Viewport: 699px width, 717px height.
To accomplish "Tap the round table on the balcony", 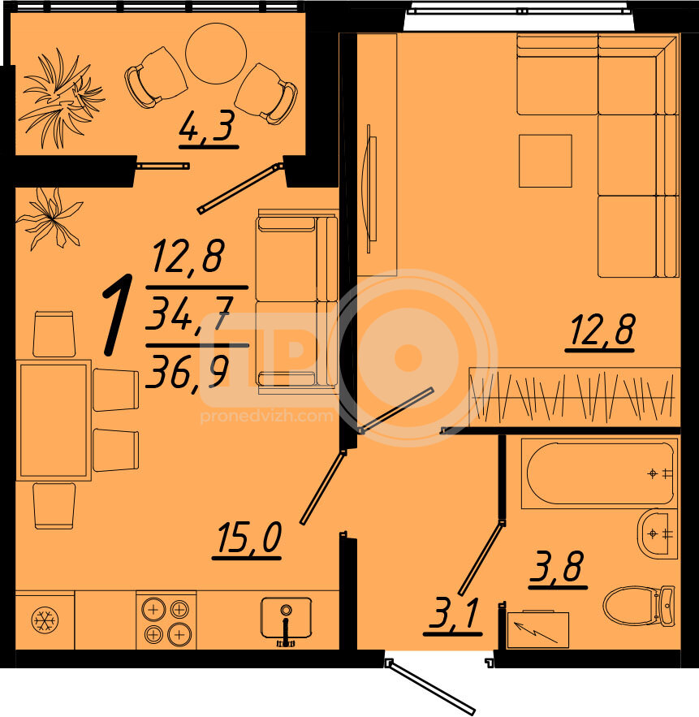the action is (x=216, y=54).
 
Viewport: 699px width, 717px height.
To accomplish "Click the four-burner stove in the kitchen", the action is (x=166, y=620).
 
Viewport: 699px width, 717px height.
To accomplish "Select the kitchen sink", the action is (x=286, y=618).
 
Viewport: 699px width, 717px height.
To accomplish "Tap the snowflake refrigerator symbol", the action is (x=45, y=620).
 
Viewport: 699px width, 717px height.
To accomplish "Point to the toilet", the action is (x=638, y=606).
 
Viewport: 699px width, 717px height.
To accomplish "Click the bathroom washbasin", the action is (x=658, y=533).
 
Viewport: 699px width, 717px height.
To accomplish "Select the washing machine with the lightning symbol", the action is (x=538, y=629).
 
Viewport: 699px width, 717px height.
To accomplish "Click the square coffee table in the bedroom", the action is (x=545, y=161).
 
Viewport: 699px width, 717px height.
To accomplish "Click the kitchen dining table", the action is (x=54, y=420).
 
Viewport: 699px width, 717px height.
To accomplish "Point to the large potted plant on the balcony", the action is (x=60, y=98).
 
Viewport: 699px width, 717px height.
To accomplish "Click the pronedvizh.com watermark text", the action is (x=266, y=416).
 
